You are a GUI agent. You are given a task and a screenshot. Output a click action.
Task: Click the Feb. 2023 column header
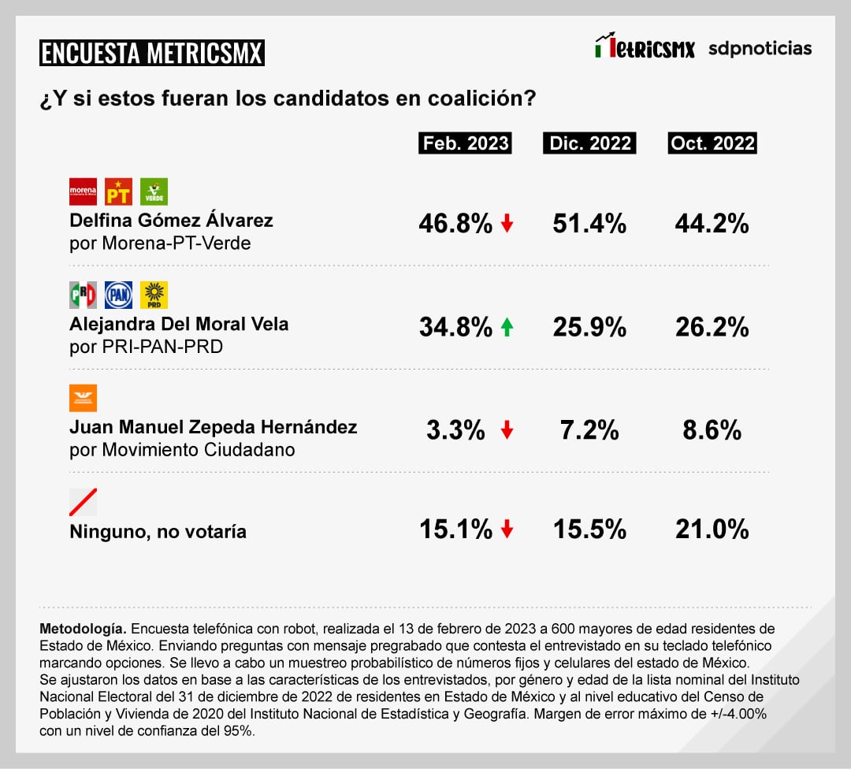(465, 143)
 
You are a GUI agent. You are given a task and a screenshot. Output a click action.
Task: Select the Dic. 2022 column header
(589, 143)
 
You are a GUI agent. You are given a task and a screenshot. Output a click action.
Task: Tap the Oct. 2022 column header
(712, 143)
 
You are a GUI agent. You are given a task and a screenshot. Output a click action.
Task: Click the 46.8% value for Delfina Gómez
(455, 224)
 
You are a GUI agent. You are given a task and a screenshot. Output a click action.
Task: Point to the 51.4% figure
(589, 224)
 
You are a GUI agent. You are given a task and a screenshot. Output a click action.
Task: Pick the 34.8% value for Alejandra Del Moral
(455, 326)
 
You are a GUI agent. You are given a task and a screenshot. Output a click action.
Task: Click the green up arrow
(507, 326)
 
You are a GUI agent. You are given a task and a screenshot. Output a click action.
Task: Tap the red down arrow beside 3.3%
(507, 430)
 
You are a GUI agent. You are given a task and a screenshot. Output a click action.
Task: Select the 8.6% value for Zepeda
(712, 430)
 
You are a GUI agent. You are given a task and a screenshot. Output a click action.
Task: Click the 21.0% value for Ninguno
(712, 529)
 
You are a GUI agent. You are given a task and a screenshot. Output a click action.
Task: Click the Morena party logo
(84, 191)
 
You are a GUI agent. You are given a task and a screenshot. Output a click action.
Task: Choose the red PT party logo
(119, 191)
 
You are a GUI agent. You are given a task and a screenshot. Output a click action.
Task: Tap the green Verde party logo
(154, 191)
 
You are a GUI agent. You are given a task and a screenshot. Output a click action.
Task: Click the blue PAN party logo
(119, 295)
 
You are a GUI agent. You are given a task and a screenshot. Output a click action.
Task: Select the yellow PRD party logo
(154, 295)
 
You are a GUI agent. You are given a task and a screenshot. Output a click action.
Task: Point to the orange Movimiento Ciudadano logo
(84, 398)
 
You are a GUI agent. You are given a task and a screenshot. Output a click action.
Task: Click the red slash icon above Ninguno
(84, 502)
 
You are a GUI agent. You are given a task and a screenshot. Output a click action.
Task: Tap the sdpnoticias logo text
(760, 48)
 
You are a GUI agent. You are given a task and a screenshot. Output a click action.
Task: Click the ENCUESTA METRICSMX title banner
(151, 53)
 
